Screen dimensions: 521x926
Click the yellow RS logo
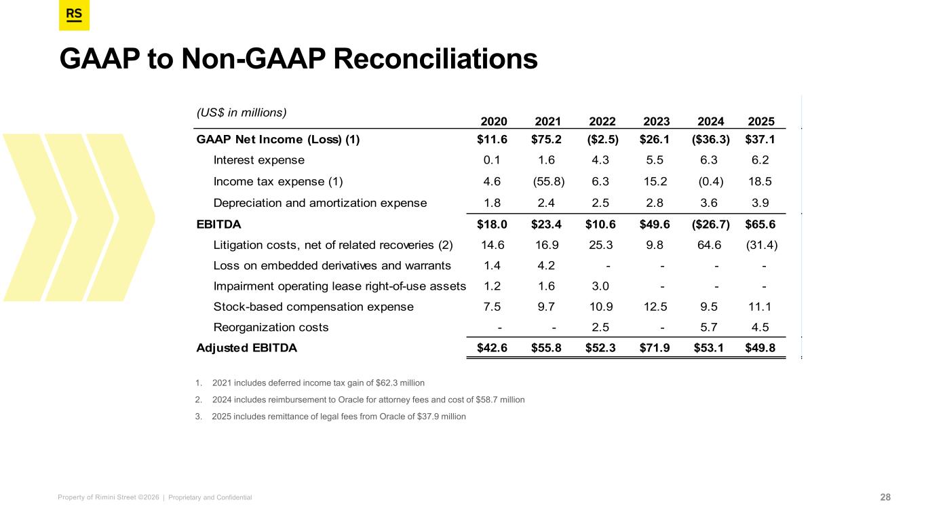pyautogui.click(x=74, y=16)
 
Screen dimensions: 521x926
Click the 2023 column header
pyautogui.click(x=656, y=121)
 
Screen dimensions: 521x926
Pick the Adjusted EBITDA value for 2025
pyautogui.click(x=761, y=348)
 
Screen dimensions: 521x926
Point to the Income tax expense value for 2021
pyautogui.click(x=549, y=181)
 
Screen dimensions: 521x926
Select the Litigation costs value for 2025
pyautogui.click(x=761, y=244)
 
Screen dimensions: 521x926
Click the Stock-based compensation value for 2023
pyautogui.click(x=656, y=307)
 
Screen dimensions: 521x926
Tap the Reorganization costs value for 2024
pyautogui.click(x=711, y=327)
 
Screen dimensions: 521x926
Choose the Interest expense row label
pyautogui.click(x=258, y=161)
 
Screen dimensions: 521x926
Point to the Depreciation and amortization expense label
pyautogui.click(x=320, y=202)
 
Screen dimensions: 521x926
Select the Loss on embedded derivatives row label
pyautogui.click(x=331, y=265)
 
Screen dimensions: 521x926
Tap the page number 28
pyautogui.click(x=885, y=497)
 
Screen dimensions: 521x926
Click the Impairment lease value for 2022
pyautogui.click(x=602, y=286)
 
